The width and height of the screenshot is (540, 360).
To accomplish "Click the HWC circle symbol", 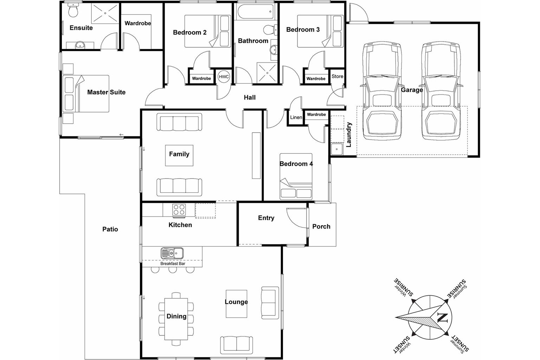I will [224, 77].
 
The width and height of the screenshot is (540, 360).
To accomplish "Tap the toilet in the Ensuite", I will [73, 11].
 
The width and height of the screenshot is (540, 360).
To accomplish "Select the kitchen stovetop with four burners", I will [179, 210].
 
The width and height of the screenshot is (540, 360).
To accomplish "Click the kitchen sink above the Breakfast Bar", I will [172, 253].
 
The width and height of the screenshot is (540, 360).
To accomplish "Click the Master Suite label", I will [106, 92].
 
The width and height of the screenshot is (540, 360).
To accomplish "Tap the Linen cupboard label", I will [296, 117].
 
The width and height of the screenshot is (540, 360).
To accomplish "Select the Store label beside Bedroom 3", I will [337, 76].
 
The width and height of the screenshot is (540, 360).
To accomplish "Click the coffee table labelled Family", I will [179, 155].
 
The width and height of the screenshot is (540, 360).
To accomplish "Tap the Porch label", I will [321, 227].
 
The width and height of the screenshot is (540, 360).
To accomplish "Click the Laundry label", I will [349, 134].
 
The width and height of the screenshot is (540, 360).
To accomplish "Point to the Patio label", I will [110, 229].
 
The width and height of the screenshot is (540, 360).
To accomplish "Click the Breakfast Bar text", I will [173, 263].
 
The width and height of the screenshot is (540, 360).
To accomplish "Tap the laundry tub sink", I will [337, 149].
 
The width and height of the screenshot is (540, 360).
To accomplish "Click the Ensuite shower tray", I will [105, 13].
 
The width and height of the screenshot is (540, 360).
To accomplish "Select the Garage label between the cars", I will [412, 90].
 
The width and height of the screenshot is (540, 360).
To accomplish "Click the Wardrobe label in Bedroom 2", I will [201, 78].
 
